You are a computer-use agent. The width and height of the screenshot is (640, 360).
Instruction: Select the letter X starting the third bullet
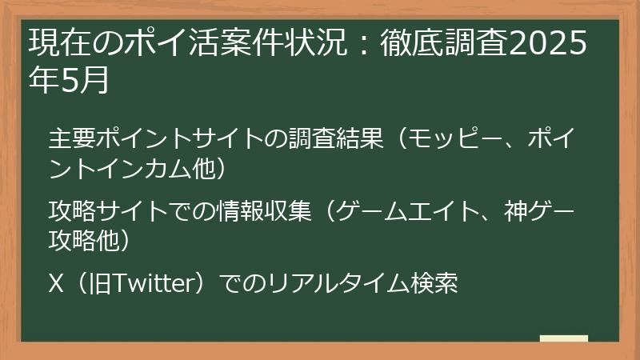55,284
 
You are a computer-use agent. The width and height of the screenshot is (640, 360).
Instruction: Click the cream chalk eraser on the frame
563,339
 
